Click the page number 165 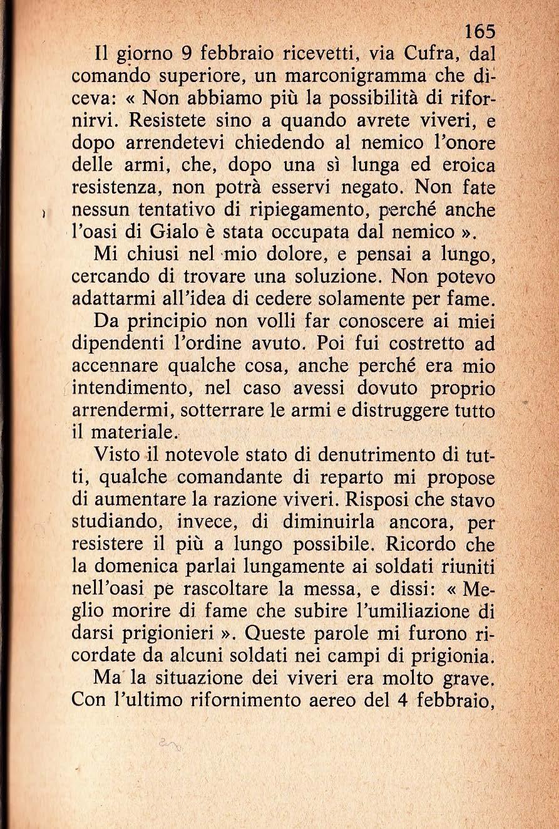tap(480, 31)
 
